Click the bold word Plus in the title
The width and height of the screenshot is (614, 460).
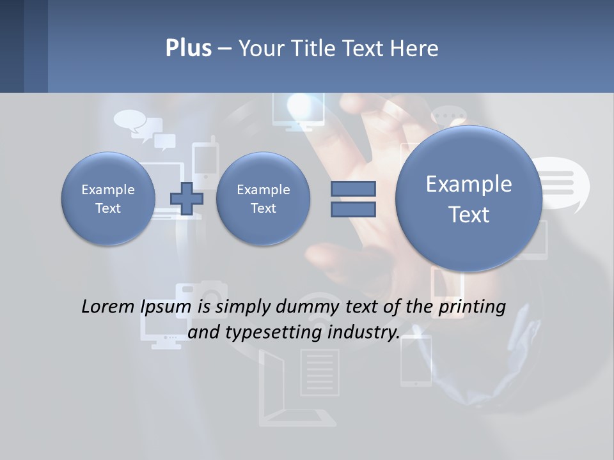188,49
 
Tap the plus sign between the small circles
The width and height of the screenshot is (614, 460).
186,199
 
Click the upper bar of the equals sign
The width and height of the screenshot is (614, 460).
353,188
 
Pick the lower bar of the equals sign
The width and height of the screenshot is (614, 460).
353,209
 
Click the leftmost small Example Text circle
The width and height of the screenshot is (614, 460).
108,199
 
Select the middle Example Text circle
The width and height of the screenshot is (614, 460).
263,199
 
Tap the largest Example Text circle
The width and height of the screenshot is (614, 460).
469,199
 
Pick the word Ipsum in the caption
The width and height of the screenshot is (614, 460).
166,307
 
